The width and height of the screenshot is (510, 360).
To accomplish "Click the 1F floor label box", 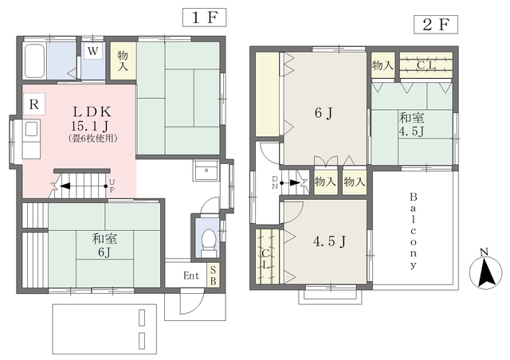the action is [204, 18].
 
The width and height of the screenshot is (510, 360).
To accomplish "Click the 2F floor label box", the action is [436, 25].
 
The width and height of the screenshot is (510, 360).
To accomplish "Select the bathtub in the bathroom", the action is [34, 61].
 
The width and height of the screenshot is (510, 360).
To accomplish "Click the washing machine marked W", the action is [93, 51].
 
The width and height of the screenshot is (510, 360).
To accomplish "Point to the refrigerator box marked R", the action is [34, 104].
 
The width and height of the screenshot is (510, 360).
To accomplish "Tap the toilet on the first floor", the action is [208, 243].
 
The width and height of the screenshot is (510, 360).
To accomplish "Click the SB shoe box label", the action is [213, 275].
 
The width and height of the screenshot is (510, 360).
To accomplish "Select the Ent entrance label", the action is [191, 276].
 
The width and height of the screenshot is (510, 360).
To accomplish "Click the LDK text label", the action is [92, 112].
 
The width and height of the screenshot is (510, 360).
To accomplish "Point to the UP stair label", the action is [112, 186].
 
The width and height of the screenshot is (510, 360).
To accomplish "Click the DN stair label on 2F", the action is [275, 182].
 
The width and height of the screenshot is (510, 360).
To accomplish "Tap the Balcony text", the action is [413, 231].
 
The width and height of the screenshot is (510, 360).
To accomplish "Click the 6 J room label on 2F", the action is [324, 113].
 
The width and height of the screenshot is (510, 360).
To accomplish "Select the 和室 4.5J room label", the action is [411, 124].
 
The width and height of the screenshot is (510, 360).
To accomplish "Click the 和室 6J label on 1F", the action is [104, 245].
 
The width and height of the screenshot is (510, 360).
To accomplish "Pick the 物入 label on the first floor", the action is [123, 61].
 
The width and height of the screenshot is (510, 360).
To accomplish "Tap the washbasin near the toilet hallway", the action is [206, 170].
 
